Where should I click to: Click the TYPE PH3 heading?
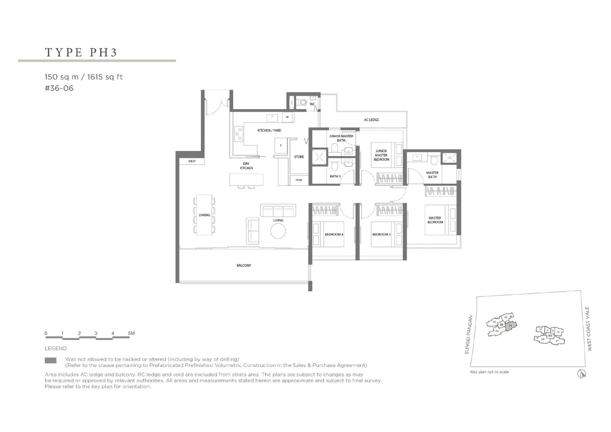pos(81,52)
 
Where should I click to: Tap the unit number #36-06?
pos(59,88)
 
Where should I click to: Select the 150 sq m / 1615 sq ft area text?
pos(84,77)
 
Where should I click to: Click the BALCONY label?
pos(244,265)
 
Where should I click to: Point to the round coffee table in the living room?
pos(278,231)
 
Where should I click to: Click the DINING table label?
pos(205,215)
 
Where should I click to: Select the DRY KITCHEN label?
pos(246,166)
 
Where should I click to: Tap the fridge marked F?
pos(281,145)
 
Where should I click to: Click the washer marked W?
pos(287,117)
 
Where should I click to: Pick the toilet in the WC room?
pos(302,102)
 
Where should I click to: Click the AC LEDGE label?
pos(371,120)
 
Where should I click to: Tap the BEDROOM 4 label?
pos(334,234)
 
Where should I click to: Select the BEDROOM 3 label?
pos(381,234)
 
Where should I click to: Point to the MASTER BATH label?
pos(432,175)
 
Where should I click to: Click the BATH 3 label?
pos(335,176)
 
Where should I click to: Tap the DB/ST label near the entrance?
pos(192,161)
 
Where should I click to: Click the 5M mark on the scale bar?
pos(131,334)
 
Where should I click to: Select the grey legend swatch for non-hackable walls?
pos(50,360)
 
